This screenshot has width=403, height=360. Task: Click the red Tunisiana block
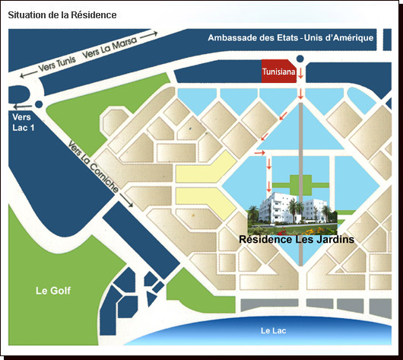pos(279,71)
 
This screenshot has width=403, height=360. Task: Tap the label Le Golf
pos(53,291)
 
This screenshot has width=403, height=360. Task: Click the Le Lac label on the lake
pos(273,330)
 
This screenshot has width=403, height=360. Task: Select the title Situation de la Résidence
pos(62,15)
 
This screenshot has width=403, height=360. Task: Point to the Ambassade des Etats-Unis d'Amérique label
pos(290,38)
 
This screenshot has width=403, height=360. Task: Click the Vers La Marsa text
pos(109,48)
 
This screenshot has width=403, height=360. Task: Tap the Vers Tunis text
pos(57,64)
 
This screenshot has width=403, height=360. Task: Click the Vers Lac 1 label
pos(23,123)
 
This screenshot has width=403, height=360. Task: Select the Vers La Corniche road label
pos(94,167)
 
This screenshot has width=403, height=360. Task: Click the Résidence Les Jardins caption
pos(297,239)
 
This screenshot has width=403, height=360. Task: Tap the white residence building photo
pos(292,213)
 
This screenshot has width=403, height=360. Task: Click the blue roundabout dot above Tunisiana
pos(300,59)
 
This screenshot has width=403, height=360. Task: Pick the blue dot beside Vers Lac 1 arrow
pos(39,104)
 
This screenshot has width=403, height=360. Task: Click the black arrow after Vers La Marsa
pos(149,35)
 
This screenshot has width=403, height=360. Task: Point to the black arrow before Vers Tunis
pos(29,74)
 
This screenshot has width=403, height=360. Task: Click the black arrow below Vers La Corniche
pos(126,200)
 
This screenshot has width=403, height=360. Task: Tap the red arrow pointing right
pos(259,153)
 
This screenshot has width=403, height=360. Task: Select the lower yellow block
pos(205,202)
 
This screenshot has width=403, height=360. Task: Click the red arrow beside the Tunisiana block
pos(300,73)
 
